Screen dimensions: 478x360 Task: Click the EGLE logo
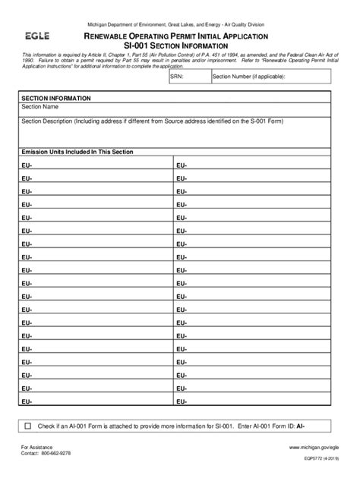pos(37,36)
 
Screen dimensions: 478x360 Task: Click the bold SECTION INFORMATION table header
pos(56,99)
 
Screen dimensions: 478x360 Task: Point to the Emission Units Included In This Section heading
pos(77,152)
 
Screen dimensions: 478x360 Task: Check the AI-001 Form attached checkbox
pos(28,426)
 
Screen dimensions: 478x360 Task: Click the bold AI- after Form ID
pos(302,426)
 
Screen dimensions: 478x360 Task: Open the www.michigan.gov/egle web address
pos(314,448)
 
